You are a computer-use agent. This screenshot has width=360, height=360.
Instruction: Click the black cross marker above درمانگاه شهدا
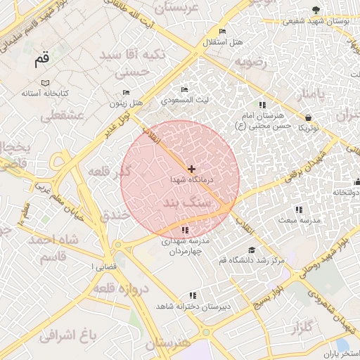point(191,169)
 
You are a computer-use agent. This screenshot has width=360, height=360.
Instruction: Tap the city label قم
point(43,60)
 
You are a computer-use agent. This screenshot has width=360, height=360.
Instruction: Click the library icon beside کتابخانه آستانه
point(46,82)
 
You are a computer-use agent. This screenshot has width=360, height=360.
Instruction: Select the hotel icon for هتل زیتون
point(126,93)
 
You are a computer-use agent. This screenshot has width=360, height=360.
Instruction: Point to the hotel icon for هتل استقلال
point(223,32)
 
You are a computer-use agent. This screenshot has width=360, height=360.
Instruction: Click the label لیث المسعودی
point(185,101)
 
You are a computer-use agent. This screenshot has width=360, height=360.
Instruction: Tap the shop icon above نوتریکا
point(309,118)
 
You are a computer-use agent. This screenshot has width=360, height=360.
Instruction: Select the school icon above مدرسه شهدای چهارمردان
point(185,230)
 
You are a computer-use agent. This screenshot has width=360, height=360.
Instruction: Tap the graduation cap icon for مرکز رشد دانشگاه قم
point(252,250)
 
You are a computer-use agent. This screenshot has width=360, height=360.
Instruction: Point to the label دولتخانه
point(345,191)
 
